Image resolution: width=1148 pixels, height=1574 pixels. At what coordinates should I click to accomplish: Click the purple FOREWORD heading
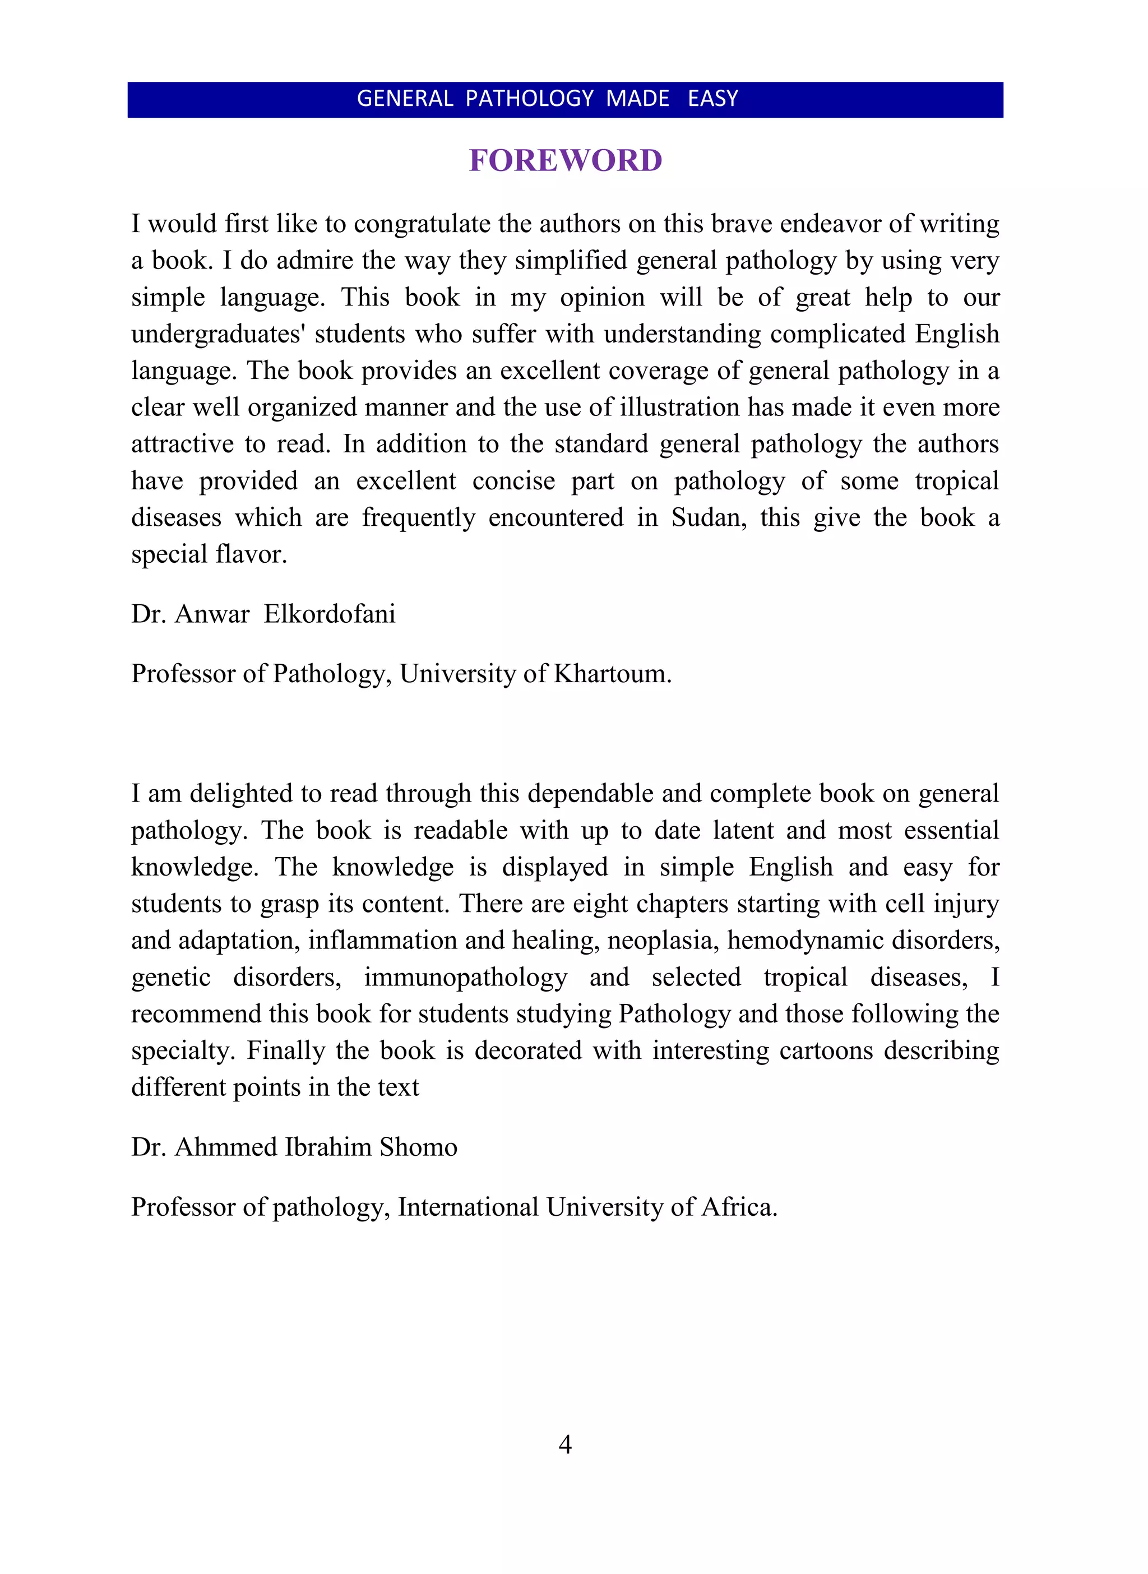(x=565, y=160)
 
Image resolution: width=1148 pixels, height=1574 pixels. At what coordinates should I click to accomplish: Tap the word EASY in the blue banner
(x=712, y=99)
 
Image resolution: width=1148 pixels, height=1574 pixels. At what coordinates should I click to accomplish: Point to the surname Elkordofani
(x=330, y=614)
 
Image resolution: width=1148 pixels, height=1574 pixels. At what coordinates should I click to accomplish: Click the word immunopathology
(x=466, y=978)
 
